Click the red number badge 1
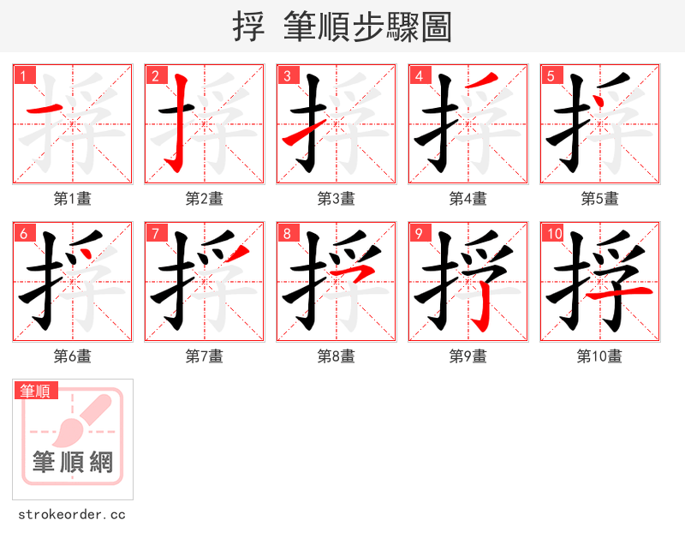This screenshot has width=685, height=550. [25, 76]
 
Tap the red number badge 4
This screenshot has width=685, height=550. [420, 76]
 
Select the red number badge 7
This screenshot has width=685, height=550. [156, 234]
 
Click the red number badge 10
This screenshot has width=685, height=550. [553, 234]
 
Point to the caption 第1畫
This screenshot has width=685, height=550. [73, 199]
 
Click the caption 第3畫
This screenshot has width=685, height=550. [337, 199]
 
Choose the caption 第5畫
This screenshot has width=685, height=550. [599, 199]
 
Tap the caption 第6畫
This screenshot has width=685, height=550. [73, 356]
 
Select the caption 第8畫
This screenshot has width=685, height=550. [337, 356]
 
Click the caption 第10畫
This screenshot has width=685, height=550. [599, 356]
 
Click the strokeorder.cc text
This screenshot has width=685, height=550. [72, 515]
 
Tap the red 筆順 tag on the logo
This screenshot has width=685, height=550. [36, 392]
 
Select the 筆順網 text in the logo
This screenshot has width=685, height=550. [73, 463]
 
